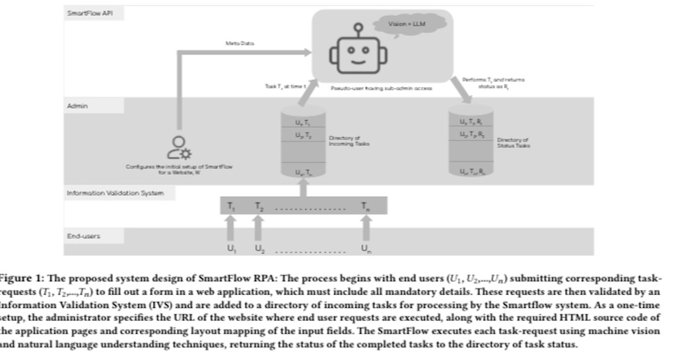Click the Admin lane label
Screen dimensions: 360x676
pos(77,105)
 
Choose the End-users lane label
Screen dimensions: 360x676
pos(83,235)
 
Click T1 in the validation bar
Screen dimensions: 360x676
pos(231,206)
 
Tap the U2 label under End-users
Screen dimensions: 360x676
pos(258,248)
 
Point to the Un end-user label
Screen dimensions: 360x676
pos(365,248)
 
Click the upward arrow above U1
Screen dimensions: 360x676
pos(231,229)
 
